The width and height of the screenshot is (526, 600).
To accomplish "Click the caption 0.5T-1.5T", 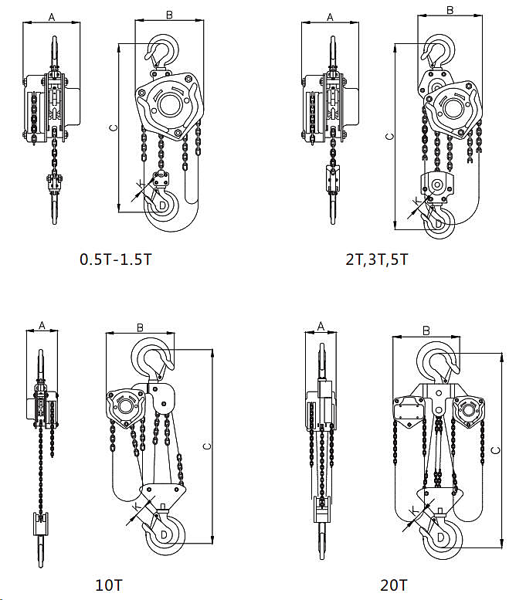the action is coord(116,259).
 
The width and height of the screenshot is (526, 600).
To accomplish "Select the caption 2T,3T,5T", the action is coord(377,259).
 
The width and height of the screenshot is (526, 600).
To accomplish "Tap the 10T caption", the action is coord(109,585).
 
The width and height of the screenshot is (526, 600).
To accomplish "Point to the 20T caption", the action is coord(394,585).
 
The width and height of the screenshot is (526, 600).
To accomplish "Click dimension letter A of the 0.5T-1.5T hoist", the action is coord(52,17).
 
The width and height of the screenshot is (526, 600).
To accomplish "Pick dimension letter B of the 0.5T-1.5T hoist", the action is coord(169,15).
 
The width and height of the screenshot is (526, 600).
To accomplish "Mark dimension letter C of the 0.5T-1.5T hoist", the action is coord(114,128).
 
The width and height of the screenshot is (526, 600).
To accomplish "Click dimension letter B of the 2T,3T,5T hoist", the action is coord(450,10).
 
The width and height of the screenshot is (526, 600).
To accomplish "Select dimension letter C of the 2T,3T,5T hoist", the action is coord(389,137).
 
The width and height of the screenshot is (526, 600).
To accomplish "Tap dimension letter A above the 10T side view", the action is coord(42,325).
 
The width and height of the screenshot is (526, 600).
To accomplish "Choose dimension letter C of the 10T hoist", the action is coord(207,446).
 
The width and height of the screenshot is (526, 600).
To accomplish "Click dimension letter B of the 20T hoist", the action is coord(426,331).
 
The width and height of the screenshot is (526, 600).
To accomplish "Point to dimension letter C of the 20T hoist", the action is coord(496,450).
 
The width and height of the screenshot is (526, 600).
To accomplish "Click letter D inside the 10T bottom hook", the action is coord(164,534).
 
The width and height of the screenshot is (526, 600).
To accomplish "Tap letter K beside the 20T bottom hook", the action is coord(415,510).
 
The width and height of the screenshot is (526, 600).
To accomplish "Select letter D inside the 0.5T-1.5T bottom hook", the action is coord(162,205).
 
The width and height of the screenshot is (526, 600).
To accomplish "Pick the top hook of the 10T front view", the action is coord(152,360).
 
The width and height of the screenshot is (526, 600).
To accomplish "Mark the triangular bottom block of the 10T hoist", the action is coord(164,494).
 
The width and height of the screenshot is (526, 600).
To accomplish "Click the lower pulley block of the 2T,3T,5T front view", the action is coord(437,187).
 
